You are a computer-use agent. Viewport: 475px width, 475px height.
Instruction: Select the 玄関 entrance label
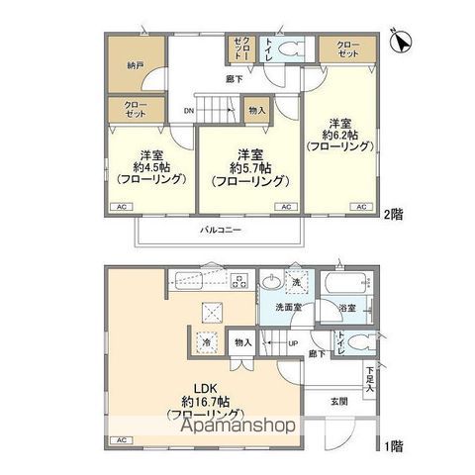tap(340, 400)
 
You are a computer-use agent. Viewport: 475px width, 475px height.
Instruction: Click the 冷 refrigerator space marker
tap(206, 343)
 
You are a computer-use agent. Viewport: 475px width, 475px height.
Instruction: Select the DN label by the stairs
tap(188, 112)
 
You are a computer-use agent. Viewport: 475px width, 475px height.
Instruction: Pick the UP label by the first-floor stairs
tap(293, 343)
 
